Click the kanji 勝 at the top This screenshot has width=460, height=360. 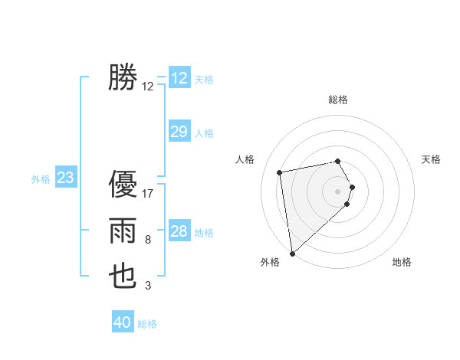123,77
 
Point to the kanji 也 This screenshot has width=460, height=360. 123,277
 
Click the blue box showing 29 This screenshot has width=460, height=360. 179,132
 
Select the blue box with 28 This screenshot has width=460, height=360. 179,231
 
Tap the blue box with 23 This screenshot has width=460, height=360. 65,178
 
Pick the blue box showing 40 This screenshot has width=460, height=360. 123,322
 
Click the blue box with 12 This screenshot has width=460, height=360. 179,78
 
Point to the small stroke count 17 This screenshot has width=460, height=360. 148,193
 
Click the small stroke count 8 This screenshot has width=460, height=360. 148,240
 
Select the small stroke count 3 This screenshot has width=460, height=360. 148,286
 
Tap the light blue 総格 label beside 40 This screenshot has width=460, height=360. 147,324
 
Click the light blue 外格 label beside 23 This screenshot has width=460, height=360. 41,179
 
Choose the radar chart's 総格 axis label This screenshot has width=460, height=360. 338,100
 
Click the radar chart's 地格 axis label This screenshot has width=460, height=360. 402,262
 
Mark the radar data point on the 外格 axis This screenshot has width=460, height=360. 292,253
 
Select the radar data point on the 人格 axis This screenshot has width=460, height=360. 280,172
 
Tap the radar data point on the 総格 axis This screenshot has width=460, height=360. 338,161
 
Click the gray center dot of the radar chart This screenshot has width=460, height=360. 338,191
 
